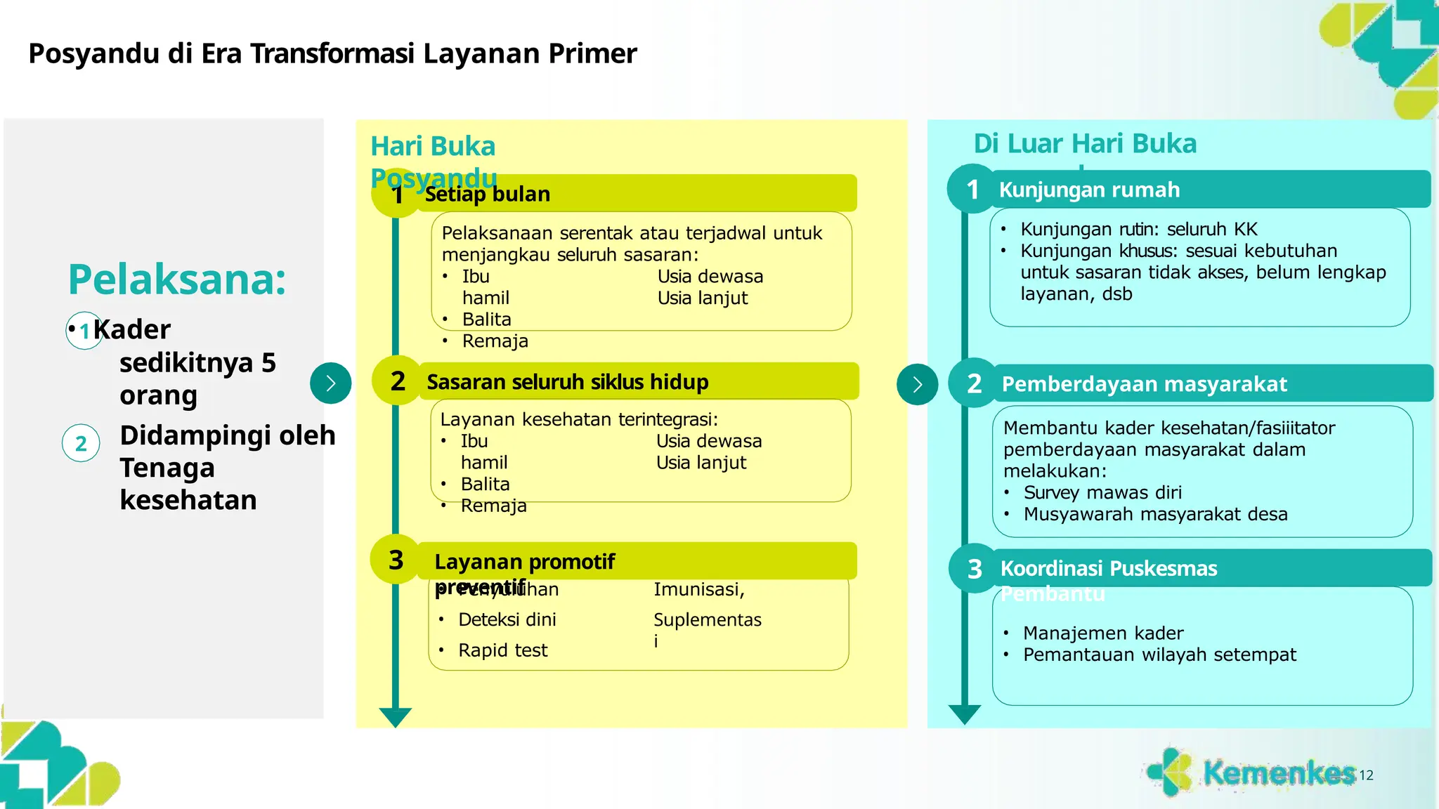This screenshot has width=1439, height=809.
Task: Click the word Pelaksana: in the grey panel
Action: (x=177, y=279)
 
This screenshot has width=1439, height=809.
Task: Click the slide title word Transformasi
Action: (x=332, y=53)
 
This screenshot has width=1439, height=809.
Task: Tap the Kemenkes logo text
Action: (x=1278, y=772)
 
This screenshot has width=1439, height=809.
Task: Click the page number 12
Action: (x=1366, y=775)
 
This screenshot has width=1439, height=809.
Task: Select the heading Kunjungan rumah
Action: (x=1089, y=190)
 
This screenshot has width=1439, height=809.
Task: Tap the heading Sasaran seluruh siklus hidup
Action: (x=567, y=382)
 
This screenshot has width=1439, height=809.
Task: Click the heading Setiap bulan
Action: (x=487, y=194)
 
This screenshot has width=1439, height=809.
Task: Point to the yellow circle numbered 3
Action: (x=396, y=560)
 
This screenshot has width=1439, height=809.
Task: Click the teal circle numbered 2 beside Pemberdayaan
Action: (x=974, y=383)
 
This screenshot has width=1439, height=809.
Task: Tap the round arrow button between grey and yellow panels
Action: (x=330, y=383)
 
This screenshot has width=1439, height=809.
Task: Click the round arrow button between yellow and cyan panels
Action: (x=917, y=384)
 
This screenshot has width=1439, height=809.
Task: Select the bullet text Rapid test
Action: (x=502, y=650)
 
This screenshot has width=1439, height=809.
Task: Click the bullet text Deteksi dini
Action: (x=507, y=619)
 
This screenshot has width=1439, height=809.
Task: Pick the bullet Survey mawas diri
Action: (x=1102, y=492)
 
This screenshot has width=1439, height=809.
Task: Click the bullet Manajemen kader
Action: (x=1102, y=633)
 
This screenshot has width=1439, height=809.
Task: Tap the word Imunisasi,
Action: (x=698, y=589)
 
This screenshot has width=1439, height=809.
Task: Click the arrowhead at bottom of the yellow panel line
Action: (x=396, y=717)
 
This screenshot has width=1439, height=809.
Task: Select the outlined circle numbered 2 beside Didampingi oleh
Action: (x=81, y=443)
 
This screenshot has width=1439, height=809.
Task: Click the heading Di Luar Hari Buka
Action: (x=1084, y=143)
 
